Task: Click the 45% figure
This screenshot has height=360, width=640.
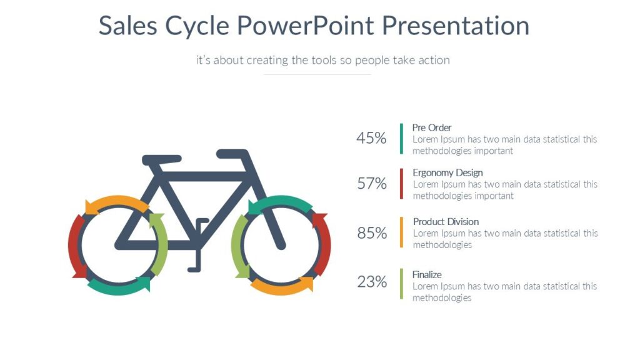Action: pos(371,138)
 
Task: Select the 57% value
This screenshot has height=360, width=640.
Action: pos(372,184)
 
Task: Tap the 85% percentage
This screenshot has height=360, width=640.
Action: pos(372,233)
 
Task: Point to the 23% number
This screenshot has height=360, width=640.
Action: pos(372,282)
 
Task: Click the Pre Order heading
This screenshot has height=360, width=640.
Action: pos(432,127)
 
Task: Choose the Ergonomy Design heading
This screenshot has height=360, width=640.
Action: pos(447,172)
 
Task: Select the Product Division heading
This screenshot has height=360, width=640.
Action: pos(446,221)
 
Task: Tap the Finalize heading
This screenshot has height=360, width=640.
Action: pos(427,274)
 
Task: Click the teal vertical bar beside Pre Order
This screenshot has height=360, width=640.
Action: pos(401,139)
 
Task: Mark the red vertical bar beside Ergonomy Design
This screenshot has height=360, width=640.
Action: pos(401,184)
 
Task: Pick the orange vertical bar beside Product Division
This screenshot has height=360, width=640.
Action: pos(401,232)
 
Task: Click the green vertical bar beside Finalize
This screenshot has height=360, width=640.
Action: pos(401,283)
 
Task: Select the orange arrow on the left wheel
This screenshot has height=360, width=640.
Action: pos(116,203)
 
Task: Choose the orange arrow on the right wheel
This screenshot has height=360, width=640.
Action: pos(281,287)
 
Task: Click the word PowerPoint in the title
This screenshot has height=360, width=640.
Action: pos(306,26)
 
